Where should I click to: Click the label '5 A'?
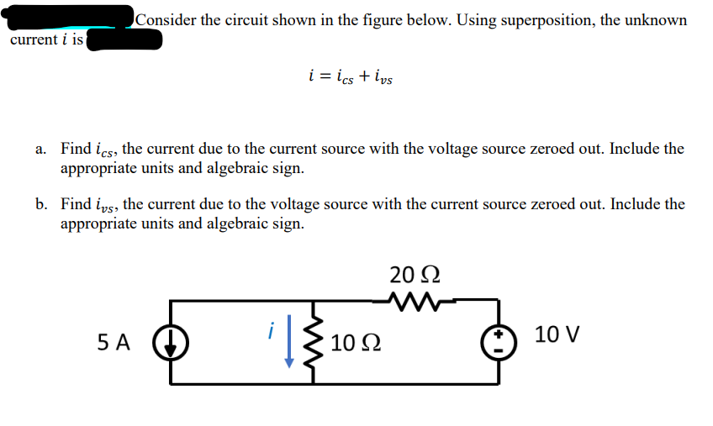pyautogui.click(x=114, y=343)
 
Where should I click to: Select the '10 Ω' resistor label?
pyautogui.click(x=356, y=344)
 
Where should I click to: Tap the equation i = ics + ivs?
pyautogui.click(x=351, y=78)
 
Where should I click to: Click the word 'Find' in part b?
pyautogui.click(x=76, y=204)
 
